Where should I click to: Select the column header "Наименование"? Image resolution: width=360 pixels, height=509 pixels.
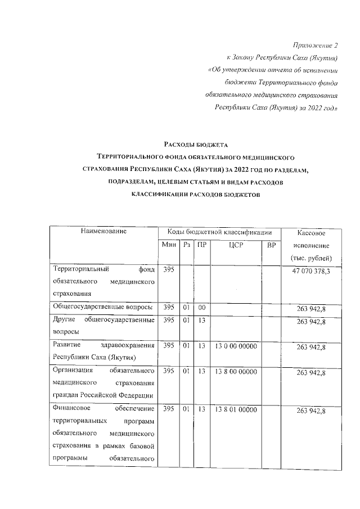coord(103,232)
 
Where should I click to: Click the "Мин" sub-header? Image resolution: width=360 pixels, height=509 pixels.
coord(169,245)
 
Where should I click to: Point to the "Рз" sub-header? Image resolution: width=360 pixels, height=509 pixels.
coord(186,245)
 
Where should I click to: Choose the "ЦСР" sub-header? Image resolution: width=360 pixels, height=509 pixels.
coord(235,245)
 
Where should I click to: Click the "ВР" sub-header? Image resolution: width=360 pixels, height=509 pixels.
coord(272,245)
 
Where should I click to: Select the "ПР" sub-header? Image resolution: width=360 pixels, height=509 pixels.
coord(201,245)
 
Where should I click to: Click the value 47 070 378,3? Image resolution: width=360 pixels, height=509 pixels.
coord(311,272)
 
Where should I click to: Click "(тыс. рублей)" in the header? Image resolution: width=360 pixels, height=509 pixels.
coord(311,259)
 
